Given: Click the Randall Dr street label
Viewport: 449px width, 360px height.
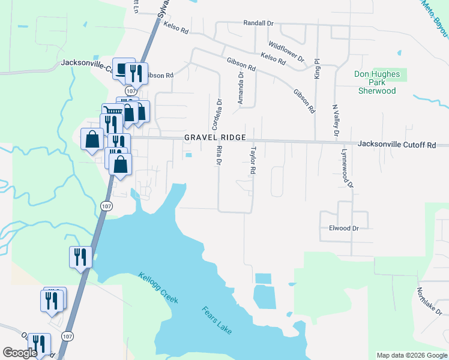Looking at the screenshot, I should pos(258,23).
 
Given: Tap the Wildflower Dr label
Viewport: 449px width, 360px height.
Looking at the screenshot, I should pos(286,52).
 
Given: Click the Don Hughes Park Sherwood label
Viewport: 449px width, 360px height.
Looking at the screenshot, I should pos(377,82).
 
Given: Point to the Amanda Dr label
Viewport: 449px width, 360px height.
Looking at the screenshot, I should pos(241,89).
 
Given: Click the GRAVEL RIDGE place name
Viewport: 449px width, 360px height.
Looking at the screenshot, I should pos(215,137).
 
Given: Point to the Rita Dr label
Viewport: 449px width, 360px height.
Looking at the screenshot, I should pos(220,155).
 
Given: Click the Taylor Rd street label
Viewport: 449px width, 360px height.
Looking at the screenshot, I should pos(253,160).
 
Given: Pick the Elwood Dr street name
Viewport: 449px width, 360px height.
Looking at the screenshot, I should pos(343,228).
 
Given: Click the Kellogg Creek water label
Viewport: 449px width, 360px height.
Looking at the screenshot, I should pos(158,287).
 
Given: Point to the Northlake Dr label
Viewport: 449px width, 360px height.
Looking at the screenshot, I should pos(429,301).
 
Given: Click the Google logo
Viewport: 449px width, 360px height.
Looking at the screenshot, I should pos(20,353).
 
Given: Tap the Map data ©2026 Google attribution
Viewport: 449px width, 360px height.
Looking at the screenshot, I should pos(411,355).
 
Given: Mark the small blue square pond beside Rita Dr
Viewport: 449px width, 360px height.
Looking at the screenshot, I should pos(189,156).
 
